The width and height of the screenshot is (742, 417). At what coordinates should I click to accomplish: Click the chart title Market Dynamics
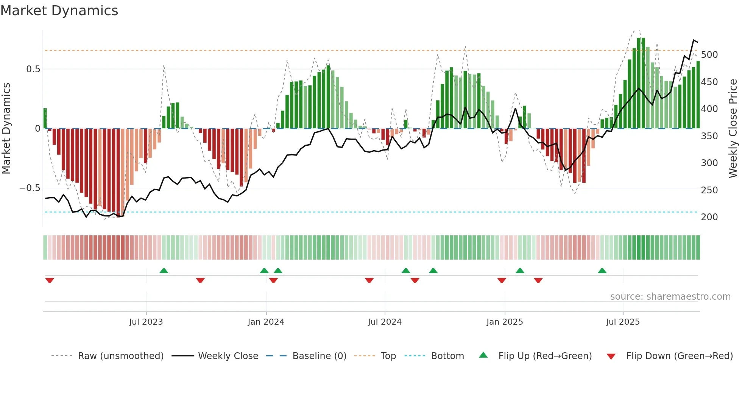(x=59, y=11)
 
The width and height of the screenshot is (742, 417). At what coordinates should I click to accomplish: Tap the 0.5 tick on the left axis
(x=33, y=69)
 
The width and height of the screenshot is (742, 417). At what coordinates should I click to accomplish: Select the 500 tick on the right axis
(x=709, y=55)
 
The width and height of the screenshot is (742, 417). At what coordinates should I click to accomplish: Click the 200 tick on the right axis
(x=709, y=217)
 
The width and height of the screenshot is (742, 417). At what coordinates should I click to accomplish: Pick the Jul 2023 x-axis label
(x=146, y=322)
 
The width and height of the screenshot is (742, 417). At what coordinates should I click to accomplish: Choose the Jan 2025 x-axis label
(x=504, y=322)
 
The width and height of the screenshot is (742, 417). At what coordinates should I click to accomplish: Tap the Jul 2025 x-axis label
(x=622, y=322)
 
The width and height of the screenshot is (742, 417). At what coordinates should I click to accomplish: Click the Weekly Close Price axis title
(x=733, y=129)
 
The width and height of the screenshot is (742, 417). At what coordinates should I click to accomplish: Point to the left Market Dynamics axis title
(x=6, y=129)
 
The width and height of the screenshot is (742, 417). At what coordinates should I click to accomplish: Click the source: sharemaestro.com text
(x=670, y=297)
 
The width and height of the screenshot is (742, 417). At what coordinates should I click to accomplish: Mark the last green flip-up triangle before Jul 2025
(x=602, y=271)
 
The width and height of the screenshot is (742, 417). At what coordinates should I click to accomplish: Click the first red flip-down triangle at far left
(x=50, y=280)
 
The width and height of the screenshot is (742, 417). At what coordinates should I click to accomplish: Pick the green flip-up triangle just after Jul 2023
(x=164, y=271)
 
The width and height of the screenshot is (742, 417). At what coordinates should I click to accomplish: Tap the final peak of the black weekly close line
(x=694, y=40)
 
